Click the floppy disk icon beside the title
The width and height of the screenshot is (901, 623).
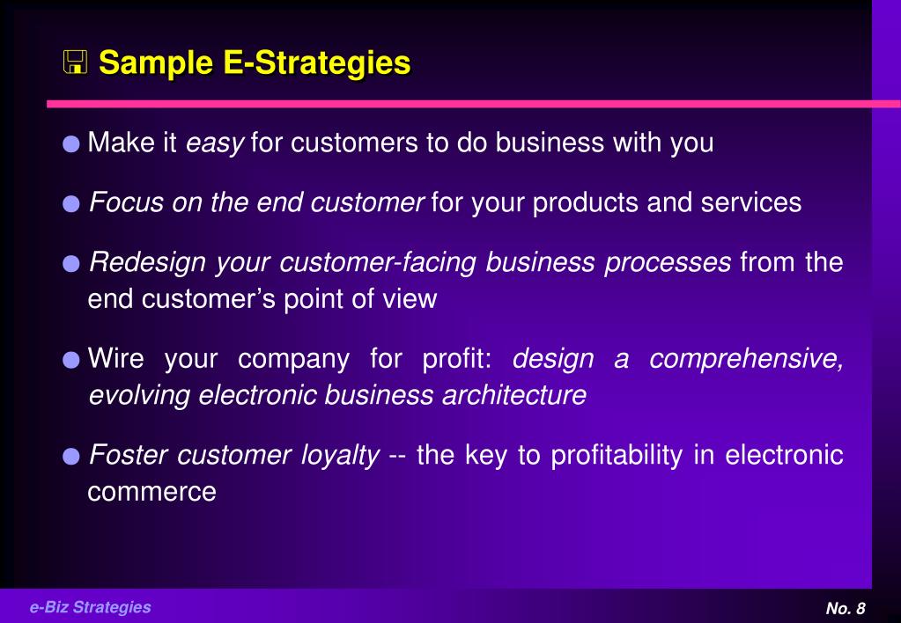(x=75, y=62)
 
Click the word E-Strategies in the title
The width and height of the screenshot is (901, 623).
(x=316, y=62)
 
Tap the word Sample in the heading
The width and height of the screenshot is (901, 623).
(x=156, y=62)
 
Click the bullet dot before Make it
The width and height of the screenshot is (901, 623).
(x=71, y=143)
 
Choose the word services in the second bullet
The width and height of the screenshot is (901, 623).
(x=751, y=202)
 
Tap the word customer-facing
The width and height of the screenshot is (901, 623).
(x=378, y=263)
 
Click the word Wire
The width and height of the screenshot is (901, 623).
(x=115, y=358)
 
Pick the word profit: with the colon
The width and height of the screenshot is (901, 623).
(x=457, y=359)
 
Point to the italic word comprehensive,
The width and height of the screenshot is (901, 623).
(x=746, y=359)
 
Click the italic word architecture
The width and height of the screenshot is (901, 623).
(x=514, y=395)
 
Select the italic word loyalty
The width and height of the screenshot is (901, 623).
(x=340, y=456)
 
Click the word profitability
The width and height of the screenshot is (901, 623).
(x=617, y=456)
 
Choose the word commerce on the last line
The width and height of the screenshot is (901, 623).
(x=151, y=492)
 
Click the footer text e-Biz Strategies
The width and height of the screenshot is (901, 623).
(x=90, y=607)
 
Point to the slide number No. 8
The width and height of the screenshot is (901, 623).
(x=846, y=608)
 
